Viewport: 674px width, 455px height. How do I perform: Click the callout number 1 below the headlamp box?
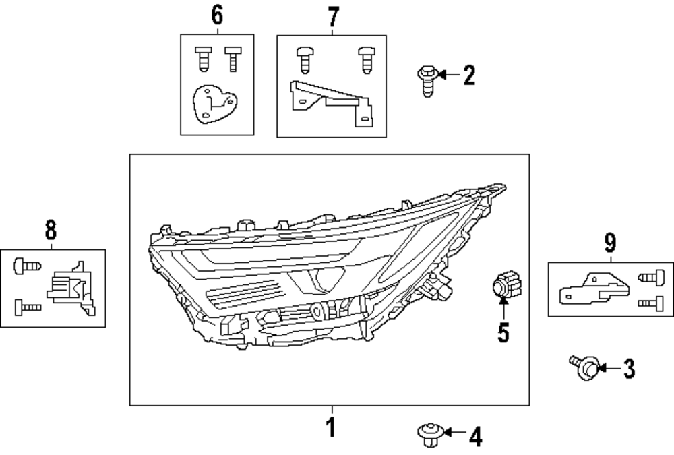pyautogui.click(x=331, y=427)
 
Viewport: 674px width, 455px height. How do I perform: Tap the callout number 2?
pyautogui.click(x=468, y=75)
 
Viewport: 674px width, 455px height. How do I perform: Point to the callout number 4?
pyautogui.click(x=475, y=437)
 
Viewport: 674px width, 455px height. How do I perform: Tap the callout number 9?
pyautogui.click(x=610, y=241)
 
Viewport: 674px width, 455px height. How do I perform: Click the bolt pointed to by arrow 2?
pyautogui.click(x=427, y=79)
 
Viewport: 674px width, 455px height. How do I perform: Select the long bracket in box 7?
pyautogui.click(x=330, y=100)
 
